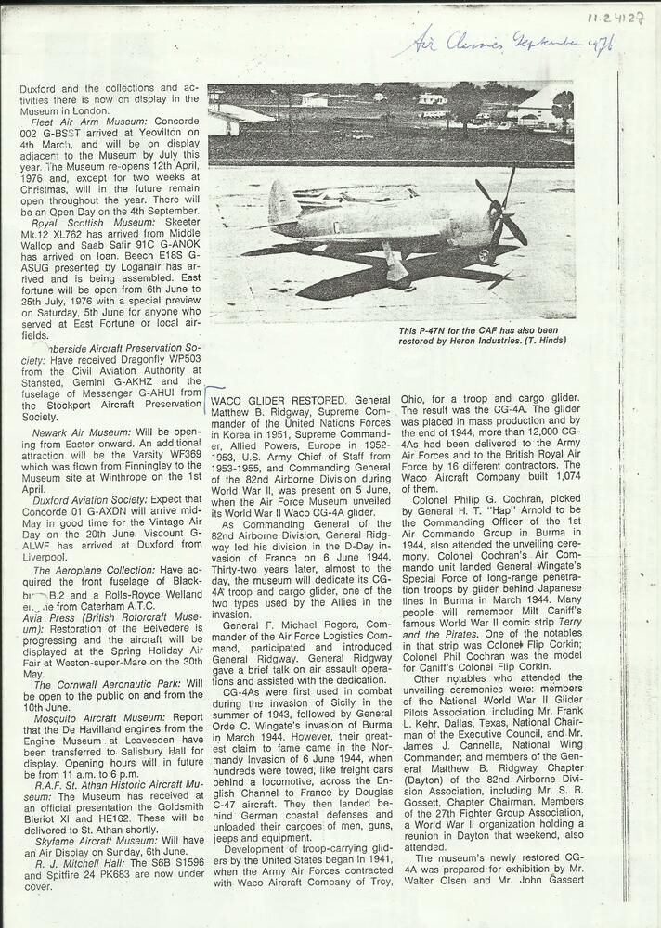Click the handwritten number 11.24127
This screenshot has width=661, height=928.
615,17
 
